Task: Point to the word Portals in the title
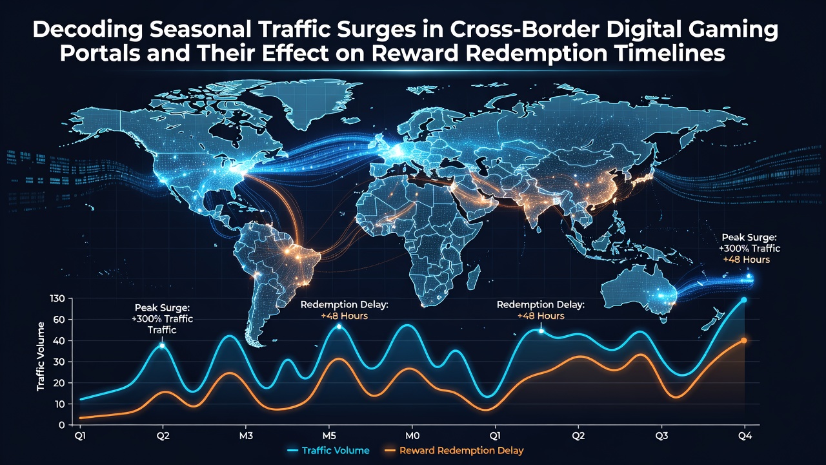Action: (100, 53)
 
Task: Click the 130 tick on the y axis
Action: (57, 298)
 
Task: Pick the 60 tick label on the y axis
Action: (59, 319)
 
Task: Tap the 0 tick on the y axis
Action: (62, 425)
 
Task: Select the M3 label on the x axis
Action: (246, 436)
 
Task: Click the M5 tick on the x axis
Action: (329, 436)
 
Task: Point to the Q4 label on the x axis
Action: (745, 436)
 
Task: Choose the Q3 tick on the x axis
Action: (661, 436)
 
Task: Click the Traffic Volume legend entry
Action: (328, 451)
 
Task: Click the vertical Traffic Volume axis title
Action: (41, 356)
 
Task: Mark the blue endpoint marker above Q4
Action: (744, 300)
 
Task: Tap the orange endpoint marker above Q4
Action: (744, 340)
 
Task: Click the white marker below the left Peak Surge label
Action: (162, 346)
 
